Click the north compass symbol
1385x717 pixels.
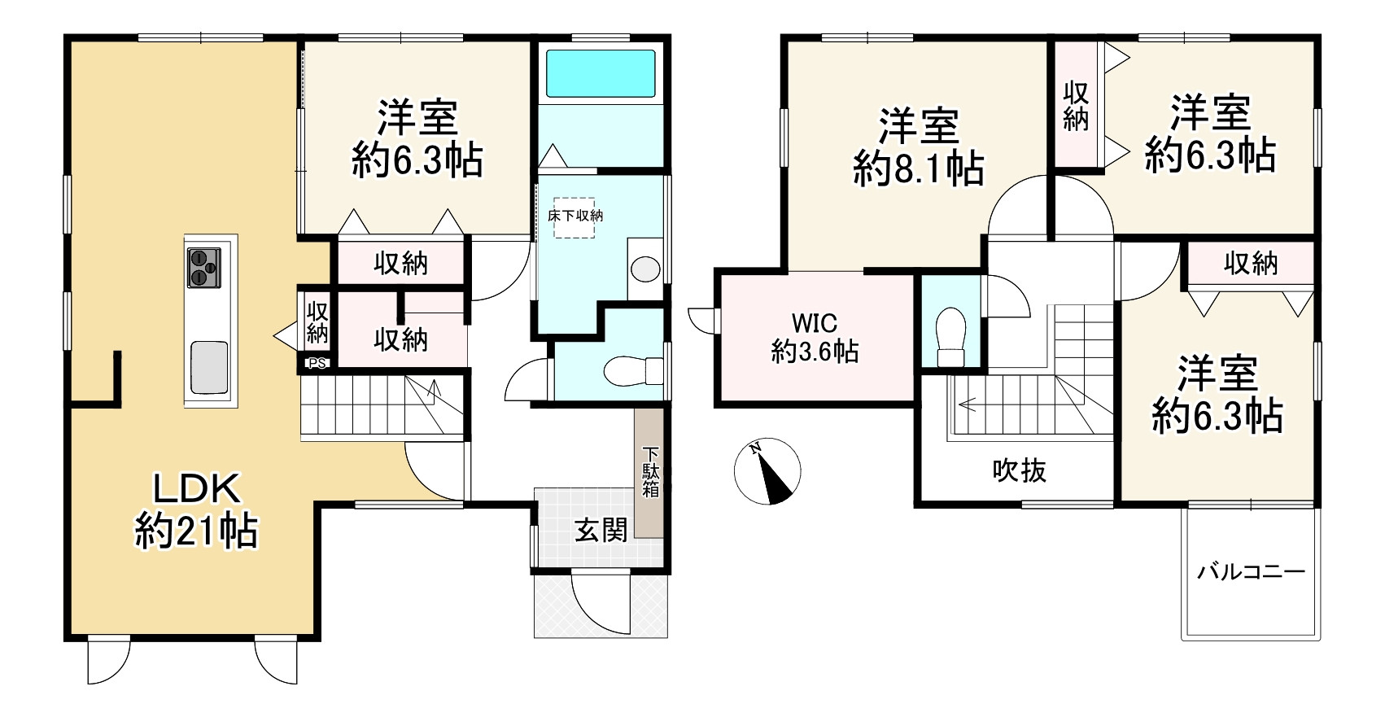point(767,471)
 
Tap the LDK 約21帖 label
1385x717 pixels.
point(196,510)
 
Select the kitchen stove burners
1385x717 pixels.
point(203,268)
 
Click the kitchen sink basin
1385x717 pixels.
point(209,367)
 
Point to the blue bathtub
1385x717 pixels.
point(601,73)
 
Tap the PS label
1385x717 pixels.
point(317,364)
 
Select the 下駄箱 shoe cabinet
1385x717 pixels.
point(649,472)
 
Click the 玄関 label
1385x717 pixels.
point(601,531)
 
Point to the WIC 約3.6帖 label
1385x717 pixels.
point(815,337)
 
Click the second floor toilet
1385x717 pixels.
point(950,338)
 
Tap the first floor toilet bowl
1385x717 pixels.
point(633,370)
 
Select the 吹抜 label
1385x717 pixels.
point(1019,470)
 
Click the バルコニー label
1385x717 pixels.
point(1250,571)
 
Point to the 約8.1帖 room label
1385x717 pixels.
point(919,147)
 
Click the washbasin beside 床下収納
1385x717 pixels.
point(645,269)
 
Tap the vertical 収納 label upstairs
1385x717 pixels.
point(1076,106)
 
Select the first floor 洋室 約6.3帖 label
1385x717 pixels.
point(417,139)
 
